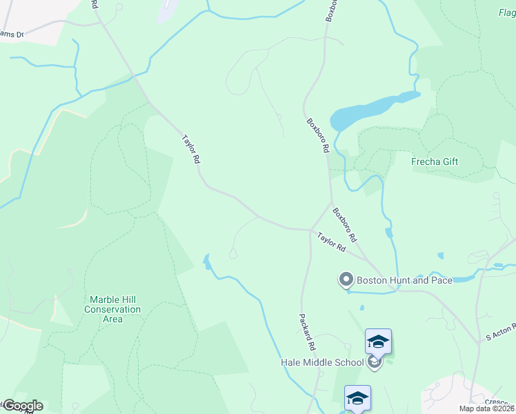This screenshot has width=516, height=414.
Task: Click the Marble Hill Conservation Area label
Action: [x=115, y=309]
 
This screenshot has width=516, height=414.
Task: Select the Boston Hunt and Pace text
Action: [x=404, y=280]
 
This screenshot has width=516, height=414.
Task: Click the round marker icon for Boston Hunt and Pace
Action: [x=346, y=280]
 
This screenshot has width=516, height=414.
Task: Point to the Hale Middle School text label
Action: [x=322, y=362]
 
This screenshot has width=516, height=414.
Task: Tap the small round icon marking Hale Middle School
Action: [x=375, y=361]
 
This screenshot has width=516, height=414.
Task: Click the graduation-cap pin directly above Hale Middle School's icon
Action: [x=378, y=341]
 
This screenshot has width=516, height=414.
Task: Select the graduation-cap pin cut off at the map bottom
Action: [x=357, y=398]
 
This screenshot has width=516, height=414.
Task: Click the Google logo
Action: [x=22, y=406]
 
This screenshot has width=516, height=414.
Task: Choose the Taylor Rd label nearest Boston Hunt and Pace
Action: [x=331, y=241]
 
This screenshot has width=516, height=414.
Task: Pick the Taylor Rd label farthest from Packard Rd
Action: [x=191, y=149]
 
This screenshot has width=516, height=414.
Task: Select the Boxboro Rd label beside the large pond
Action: [x=318, y=135]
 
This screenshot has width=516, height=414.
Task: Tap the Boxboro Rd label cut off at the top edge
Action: [x=331, y=10]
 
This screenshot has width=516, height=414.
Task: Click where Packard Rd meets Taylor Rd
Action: [x=310, y=230]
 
